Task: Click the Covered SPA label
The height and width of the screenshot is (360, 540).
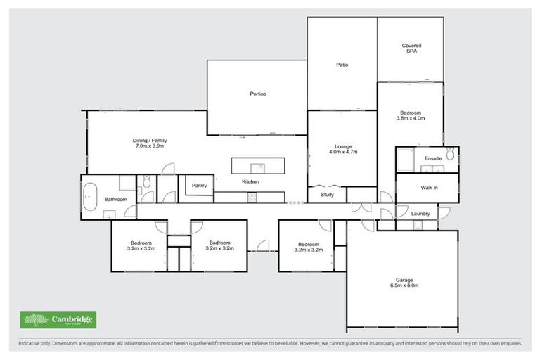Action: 411,49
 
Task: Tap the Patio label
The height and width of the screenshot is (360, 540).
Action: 341,65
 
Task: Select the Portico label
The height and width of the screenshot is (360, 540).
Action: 257,94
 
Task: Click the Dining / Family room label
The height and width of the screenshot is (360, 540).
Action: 149,143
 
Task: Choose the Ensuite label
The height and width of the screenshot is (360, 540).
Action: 433,158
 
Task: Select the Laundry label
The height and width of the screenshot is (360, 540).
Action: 421,213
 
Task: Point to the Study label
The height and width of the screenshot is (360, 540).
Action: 327,195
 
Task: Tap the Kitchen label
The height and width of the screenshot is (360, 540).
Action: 251,182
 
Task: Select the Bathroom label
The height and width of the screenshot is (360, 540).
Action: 116,199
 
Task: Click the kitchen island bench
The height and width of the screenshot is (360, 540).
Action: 258,166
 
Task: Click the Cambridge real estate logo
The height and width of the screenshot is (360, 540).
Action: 58,320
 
